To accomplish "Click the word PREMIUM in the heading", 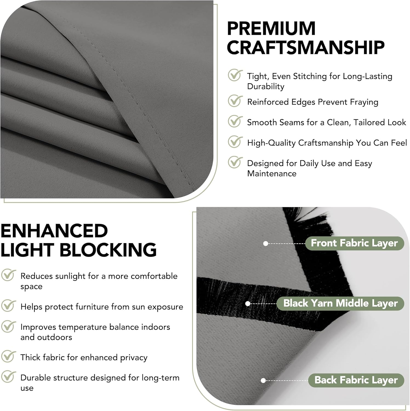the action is pos(271,28).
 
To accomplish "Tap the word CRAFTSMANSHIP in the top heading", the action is pos(306,47).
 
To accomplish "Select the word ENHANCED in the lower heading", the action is pos(54,231).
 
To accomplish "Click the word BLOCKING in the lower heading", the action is pos(108,250).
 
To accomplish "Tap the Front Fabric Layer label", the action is pos(354,243).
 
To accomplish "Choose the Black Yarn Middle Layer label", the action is pos(340,303).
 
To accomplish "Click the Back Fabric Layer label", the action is pos(356,380).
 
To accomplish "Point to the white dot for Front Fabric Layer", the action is pos(265,243).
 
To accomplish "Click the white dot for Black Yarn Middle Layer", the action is pos(248,304).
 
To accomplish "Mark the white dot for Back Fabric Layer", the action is pos(263,380).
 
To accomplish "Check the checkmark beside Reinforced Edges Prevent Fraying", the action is pos(235,101).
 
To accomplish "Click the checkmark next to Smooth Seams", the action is pos(235,121).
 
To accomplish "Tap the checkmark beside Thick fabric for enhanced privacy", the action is pos(8,356).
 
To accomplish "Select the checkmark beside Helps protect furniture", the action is pos(8,306).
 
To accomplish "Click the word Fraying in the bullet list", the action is pos(364,102).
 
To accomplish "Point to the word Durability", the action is pos(266,87).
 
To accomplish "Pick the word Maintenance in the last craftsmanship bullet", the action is pos(272,173).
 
